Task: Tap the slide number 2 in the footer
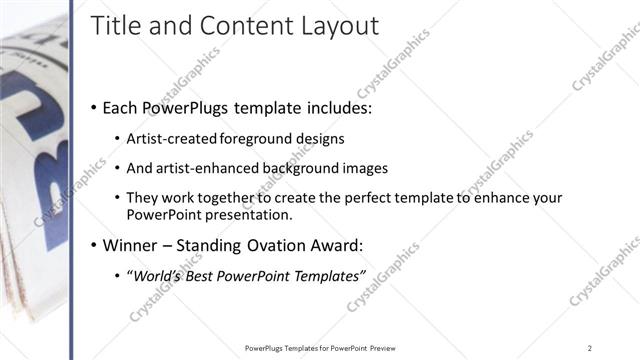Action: click(590, 347)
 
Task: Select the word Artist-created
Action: click(166, 138)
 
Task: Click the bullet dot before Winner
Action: click(94, 245)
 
